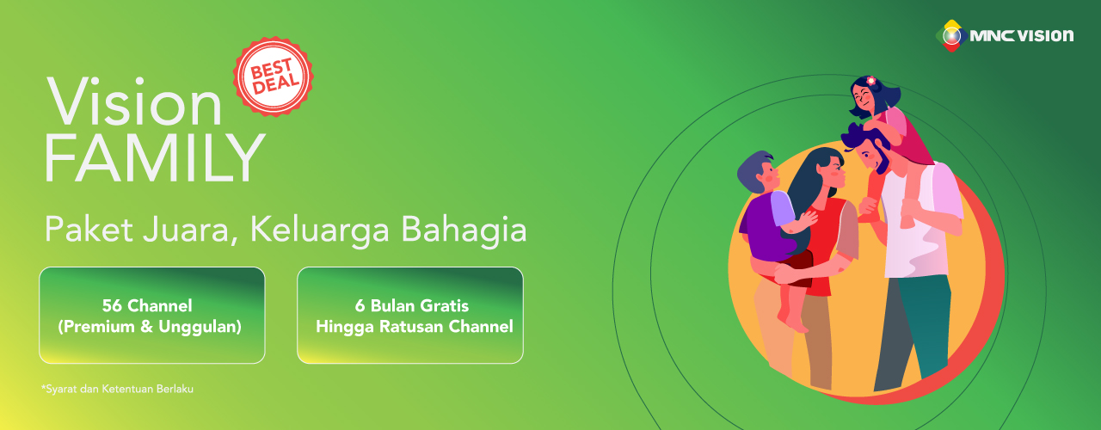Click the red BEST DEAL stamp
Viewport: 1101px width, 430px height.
(x=274, y=77)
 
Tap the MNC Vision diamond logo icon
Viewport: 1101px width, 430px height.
(x=951, y=36)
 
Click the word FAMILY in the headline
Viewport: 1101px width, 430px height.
(x=155, y=158)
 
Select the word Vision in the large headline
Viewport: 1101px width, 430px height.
(x=134, y=101)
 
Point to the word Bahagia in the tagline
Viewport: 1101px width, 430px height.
(x=464, y=230)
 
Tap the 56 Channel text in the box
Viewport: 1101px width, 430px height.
(x=147, y=305)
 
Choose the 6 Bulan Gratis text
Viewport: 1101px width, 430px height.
(x=412, y=305)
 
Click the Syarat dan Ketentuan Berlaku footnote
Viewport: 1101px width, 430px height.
(x=118, y=390)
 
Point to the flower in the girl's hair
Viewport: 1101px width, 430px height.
(x=870, y=81)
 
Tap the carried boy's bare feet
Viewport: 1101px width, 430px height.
(x=793, y=321)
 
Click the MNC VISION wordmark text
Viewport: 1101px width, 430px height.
(x=1021, y=36)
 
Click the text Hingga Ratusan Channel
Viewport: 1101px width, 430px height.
(x=415, y=326)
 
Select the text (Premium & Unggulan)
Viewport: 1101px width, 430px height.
(x=150, y=327)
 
